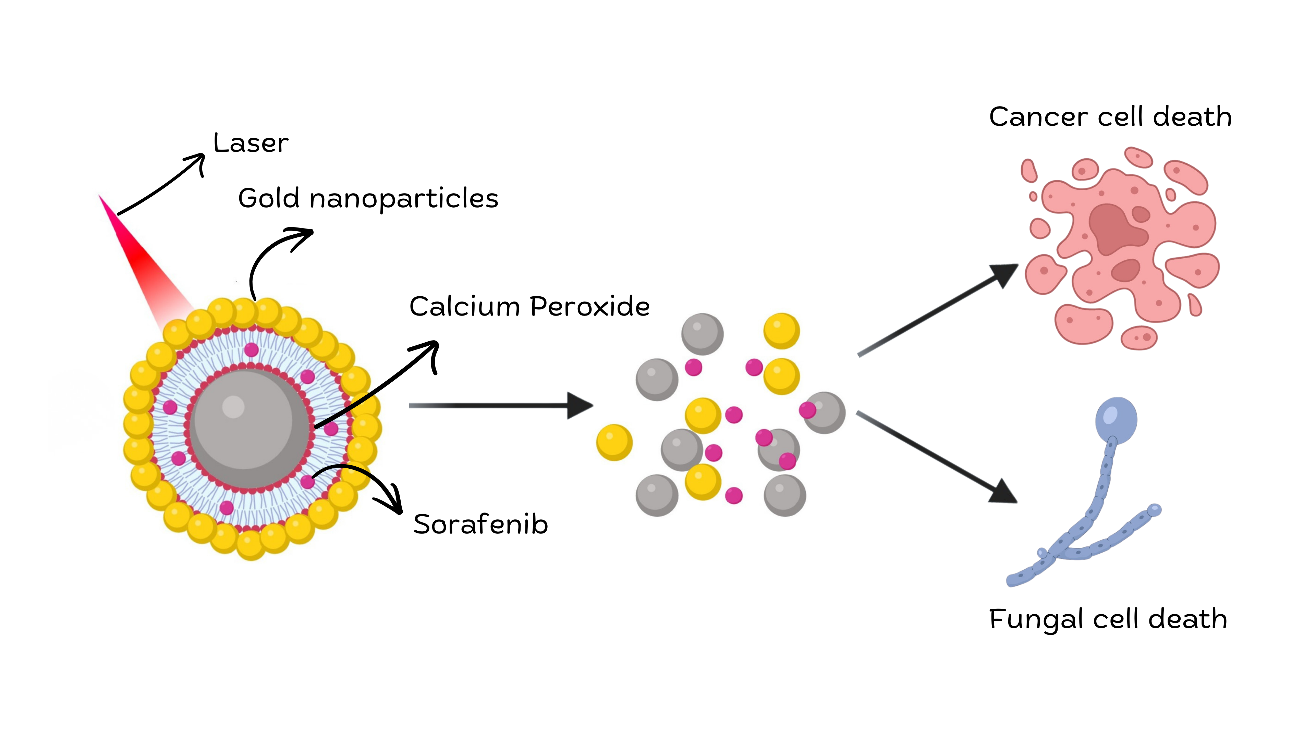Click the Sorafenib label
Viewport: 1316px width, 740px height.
pos(480,525)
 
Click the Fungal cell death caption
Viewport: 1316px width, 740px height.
pos(1108,619)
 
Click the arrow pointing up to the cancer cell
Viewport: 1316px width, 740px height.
pos(935,311)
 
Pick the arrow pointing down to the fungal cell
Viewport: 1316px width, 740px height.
pos(935,457)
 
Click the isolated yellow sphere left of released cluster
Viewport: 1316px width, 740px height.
pos(614,442)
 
